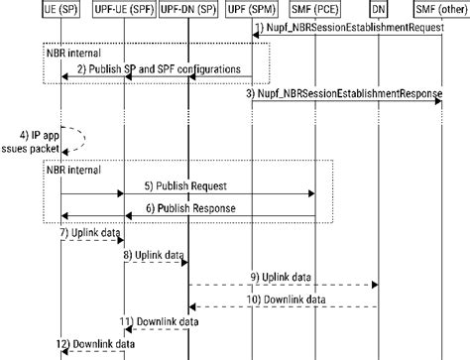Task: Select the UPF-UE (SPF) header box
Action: [122, 9]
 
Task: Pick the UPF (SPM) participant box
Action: [253, 9]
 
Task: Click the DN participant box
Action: [378, 9]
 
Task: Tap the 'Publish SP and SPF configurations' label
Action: [159, 68]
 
